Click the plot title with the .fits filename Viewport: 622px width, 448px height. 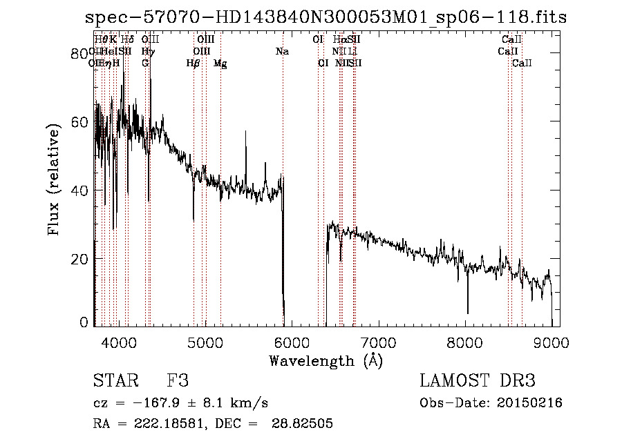pyautogui.click(x=325, y=18)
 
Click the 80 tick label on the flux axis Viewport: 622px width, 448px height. pyautogui.click(x=80, y=54)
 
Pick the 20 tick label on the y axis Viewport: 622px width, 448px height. pyautogui.click(x=80, y=258)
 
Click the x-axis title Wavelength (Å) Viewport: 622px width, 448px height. pyautogui.click(x=326, y=360)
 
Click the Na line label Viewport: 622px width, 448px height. pyautogui.click(x=282, y=52)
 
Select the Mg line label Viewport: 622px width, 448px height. pyautogui.click(x=220, y=64)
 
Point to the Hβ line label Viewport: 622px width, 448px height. pyautogui.click(x=194, y=64)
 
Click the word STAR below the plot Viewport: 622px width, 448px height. pyautogui.click(x=115, y=381)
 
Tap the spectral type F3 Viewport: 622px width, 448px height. pyautogui.click(x=178, y=381)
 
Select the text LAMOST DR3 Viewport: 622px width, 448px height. pyautogui.click(x=478, y=381)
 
